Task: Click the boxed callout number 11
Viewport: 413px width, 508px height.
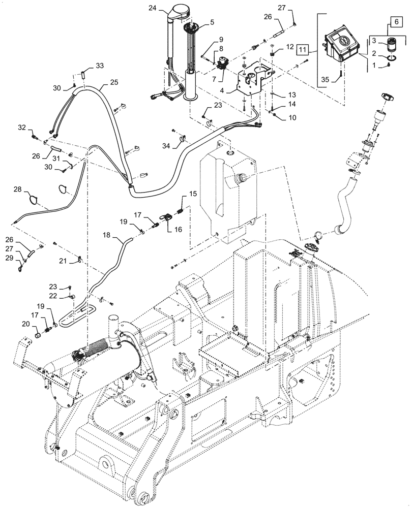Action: tap(303, 50)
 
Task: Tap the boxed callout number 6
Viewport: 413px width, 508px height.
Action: tap(393, 22)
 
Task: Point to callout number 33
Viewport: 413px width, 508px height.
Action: tap(99, 66)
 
